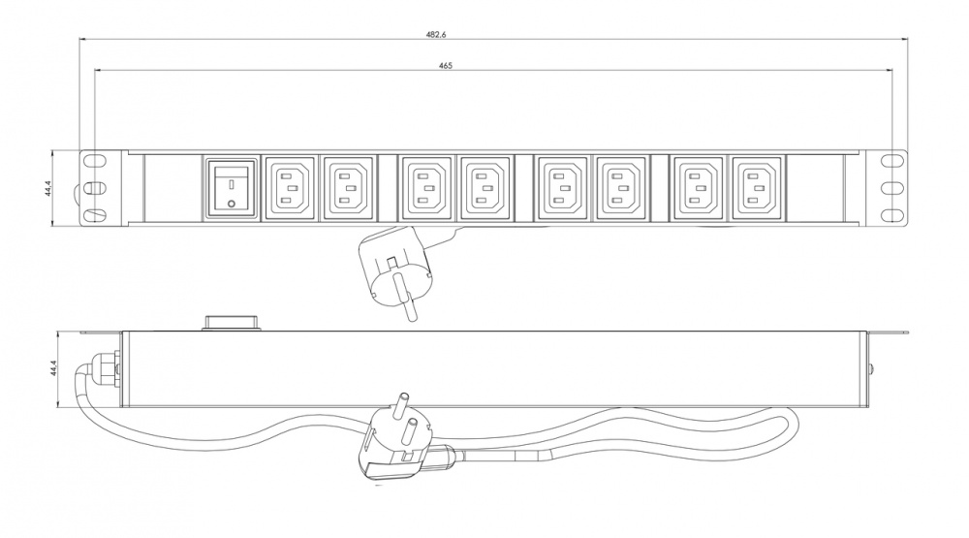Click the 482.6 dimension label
pyautogui.click(x=436, y=35)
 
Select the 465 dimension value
pyautogui.click(x=446, y=66)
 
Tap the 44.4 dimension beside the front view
pyautogui.click(x=48, y=187)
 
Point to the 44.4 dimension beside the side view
pyautogui.click(x=53, y=368)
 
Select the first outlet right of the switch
pyautogui.click(x=290, y=188)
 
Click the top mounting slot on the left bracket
pyautogui.click(x=95, y=160)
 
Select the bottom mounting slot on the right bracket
pyautogui.click(x=891, y=215)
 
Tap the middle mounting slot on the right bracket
pyautogui.click(x=891, y=187)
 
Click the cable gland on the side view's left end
pyautogui.click(x=105, y=368)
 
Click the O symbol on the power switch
pyautogui.click(x=232, y=204)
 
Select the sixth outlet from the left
pyautogui.click(x=621, y=188)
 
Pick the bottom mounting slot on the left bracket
pyautogui.click(x=95, y=215)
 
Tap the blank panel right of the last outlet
pyautogui.click(x=815, y=187)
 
